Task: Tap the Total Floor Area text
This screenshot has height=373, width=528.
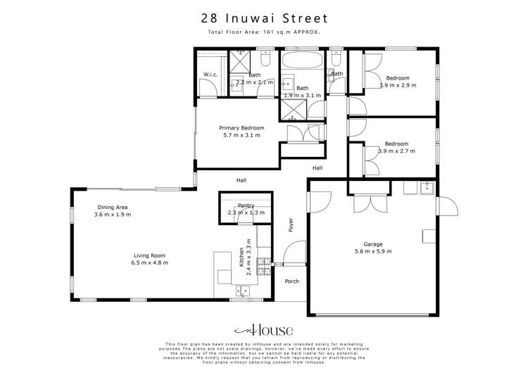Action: coord(263,32)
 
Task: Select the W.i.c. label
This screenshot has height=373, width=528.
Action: coord(210,75)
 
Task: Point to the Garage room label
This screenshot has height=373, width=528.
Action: coord(372,244)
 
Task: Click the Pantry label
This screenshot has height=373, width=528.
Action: coord(246,205)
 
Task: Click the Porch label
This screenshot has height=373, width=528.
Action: coord(291,282)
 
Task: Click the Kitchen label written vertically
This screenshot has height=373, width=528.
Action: coord(241,256)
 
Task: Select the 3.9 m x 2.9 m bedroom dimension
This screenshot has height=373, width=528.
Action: coord(398,85)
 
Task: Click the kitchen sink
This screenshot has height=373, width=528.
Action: coord(242,289)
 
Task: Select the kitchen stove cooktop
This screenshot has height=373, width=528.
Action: coord(265,266)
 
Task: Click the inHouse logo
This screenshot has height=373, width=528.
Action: coord(263,331)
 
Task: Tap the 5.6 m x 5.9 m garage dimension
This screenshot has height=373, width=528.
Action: coord(372,251)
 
